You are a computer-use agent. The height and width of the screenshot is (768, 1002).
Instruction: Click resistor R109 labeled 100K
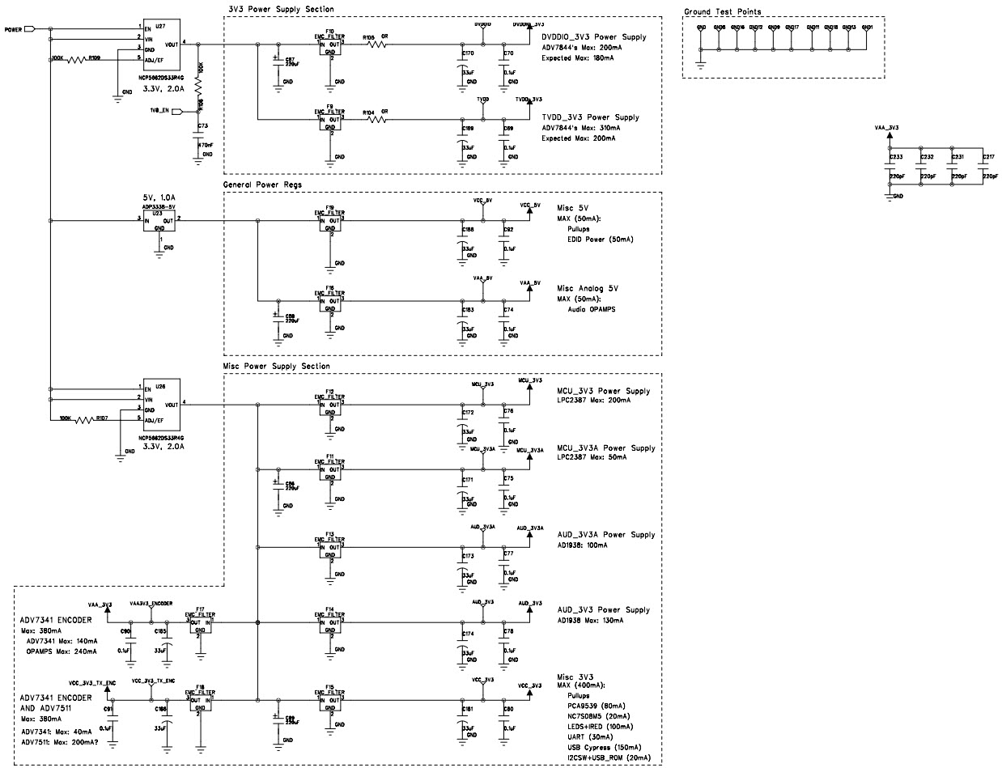[80, 59]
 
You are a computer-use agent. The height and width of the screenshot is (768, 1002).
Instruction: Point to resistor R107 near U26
[86, 419]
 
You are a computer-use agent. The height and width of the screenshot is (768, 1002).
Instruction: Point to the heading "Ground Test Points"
[722, 12]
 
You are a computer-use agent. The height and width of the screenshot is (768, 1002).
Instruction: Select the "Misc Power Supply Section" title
[276, 367]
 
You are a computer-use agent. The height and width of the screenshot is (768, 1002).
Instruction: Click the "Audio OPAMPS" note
[591, 309]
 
